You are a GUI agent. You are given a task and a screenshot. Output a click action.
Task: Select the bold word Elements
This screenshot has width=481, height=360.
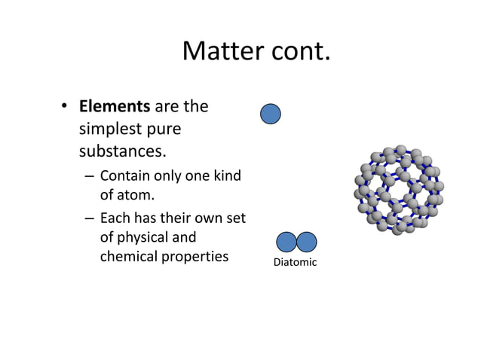115,107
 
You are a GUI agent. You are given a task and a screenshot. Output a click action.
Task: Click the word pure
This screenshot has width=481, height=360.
164,129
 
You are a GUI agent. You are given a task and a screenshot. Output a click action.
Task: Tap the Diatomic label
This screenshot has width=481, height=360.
295,262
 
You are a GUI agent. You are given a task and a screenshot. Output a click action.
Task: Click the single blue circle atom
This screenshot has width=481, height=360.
271,114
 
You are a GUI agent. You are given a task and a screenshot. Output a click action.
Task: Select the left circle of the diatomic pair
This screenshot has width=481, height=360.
286,242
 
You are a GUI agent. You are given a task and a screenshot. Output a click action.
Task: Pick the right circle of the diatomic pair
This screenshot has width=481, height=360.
306,242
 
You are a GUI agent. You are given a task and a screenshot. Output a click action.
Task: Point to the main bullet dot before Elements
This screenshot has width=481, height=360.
66,108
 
